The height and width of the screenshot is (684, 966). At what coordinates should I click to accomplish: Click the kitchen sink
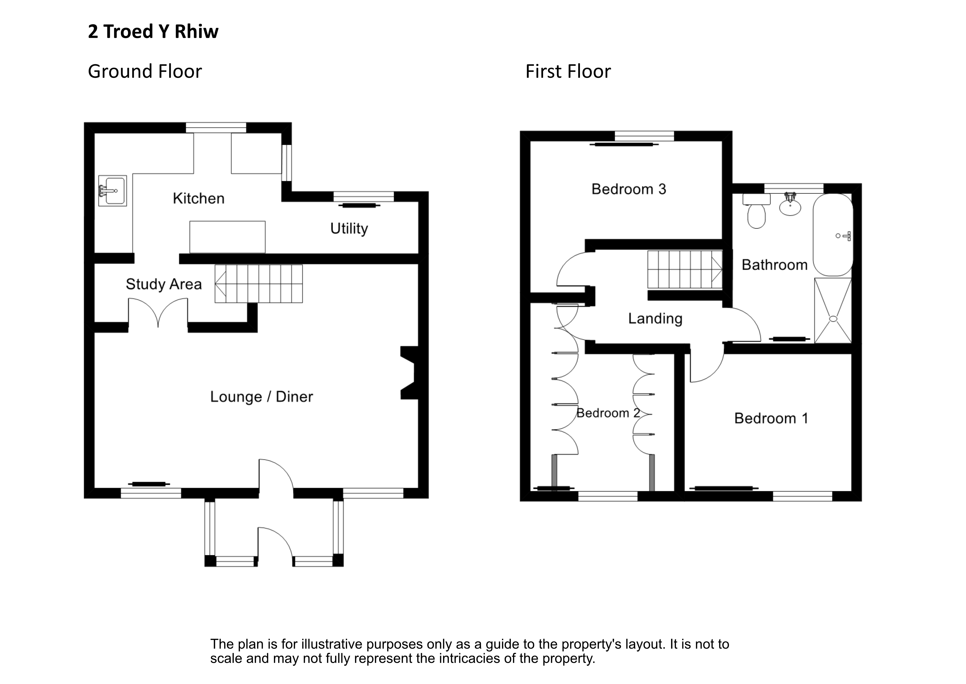(x=112, y=191)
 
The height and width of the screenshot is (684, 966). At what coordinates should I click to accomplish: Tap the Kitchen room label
(x=199, y=199)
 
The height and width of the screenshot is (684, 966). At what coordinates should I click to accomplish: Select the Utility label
(x=349, y=229)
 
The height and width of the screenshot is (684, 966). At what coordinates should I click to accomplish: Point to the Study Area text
(x=164, y=284)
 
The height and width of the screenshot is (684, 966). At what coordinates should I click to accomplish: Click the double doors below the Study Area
(x=158, y=313)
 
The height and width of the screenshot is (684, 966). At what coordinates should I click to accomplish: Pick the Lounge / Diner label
(x=261, y=397)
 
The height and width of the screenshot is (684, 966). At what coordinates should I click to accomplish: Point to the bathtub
(x=833, y=235)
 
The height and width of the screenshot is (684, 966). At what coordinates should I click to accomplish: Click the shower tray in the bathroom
(x=833, y=310)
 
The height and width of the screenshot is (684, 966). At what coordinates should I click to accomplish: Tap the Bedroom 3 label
(x=629, y=189)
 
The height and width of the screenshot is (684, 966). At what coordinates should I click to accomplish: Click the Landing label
(x=655, y=319)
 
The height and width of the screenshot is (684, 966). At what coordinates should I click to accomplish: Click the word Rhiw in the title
(x=197, y=32)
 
